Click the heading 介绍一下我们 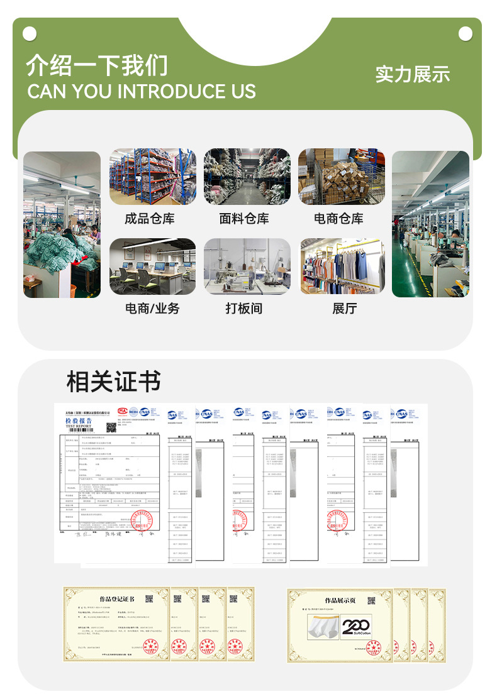pyautogui.click(x=97, y=65)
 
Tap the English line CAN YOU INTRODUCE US pyautogui.click(x=142, y=92)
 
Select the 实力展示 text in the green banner pyautogui.click(x=413, y=74)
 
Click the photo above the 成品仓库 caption pyautogui.click(x=149, y=177)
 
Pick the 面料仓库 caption pyautogui.click(x=244, y=219)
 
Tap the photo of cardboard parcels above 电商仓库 pyautogui.click(x=342, y=177)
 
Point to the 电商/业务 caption pyautogui.click(x=152, y=309)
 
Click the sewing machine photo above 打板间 pyautogui.click(x=247, y=266)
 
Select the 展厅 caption pyautogui.click(x=345, y=309)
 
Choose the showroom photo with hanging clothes pyautogui.click(x=342, y=266)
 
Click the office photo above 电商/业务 pyautogui.click(x=152, y=266)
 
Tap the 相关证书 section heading pyautogui.click(x=114, y=382)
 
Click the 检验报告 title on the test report pyautogui.click(x=79, y=421)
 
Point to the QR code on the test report pyautogui.click(x=112, y=427)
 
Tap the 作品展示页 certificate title pyautogui.click(x=340, y=601)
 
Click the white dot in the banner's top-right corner pyautogui.click(x=466, y=33)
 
